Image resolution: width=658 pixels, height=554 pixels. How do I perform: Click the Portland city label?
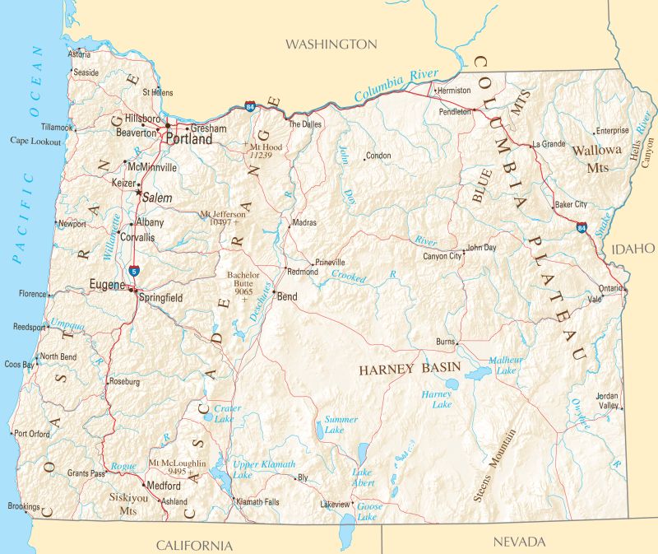coord(189,139)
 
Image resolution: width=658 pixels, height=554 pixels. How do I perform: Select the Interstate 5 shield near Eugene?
coord(133,270)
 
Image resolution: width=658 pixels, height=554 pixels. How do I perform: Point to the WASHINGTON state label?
coord(331,44)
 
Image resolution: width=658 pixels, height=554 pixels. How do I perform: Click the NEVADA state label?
coord(519,542)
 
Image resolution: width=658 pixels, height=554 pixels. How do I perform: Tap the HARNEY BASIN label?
coord(409,370)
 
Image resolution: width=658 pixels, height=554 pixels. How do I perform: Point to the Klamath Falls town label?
coord(257,501)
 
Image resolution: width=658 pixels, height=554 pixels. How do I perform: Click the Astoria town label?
coord(80,54)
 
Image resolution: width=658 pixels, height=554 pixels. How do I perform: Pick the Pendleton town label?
coord(455,110)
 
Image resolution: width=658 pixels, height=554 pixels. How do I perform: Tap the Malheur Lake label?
coord(503,365)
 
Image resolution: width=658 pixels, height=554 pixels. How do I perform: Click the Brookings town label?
coord(22,506)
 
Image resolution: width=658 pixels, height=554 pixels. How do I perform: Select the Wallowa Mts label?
coord(597,158)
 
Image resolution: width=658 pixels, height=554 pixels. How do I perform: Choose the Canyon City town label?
coord(442,256)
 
